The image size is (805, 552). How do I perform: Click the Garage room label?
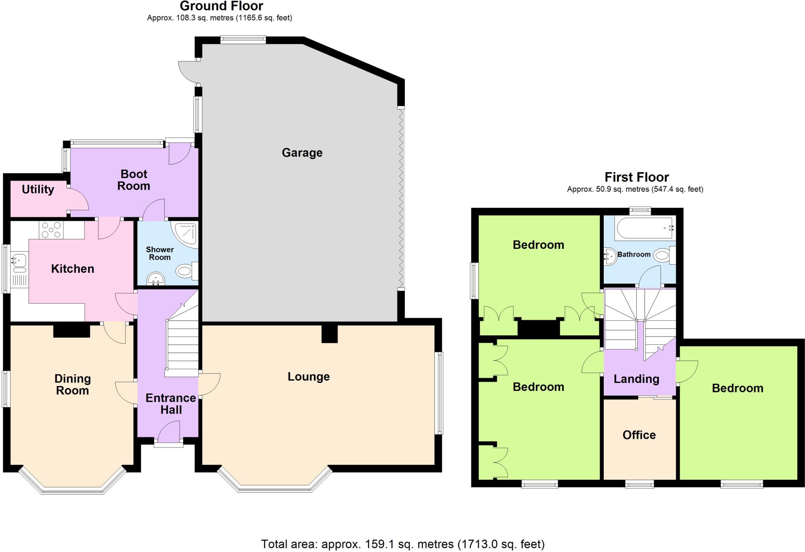click(x=302, y=153)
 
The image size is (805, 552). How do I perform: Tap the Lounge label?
click(x=309, y=377)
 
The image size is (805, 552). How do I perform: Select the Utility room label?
click(x=38, y=190)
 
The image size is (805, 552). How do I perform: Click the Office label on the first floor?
click(x=639, y=435)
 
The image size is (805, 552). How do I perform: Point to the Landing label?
click(x=636, y=379)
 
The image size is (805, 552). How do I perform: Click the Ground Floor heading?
click(x=221, y=6)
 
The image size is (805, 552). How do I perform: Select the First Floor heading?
click(x=636, y=177)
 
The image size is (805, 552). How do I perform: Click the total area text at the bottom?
click(x=402, y=544)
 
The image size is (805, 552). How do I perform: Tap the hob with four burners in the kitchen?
click(x=51, y=230)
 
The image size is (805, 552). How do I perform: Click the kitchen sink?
click(x=18, y=261)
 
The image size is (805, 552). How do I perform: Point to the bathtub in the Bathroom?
click(x=645, y=228)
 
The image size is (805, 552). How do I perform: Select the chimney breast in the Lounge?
click(x=329, y=333)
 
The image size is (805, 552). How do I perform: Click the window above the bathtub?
click(x=640, y=210)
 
